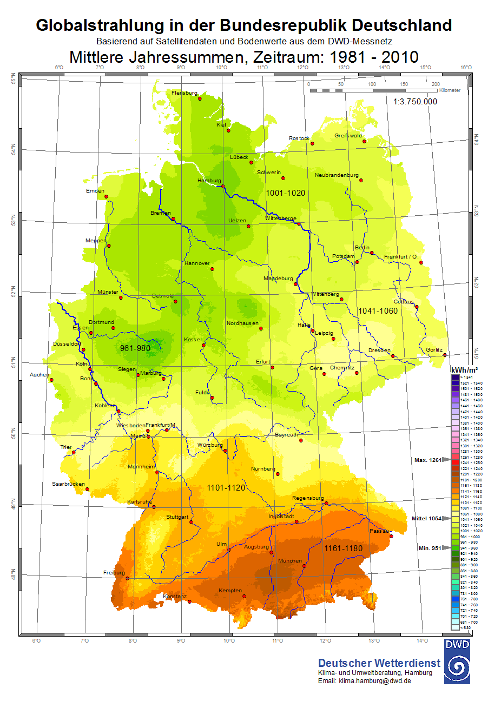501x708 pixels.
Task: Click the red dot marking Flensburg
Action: click(200, 98)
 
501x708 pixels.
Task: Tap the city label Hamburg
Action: click(209, 181)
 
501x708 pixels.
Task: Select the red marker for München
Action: click(305, 566)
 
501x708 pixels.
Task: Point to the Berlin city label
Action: click(362, 248)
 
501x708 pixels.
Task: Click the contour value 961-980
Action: click(135, 348)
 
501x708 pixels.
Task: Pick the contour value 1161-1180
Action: click(344, 548)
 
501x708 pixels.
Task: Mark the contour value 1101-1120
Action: click(226, 488)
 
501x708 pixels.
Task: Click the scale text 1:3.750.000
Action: click(415, 102)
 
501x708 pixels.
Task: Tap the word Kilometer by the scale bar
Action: click(450, 90)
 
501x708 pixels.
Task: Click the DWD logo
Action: click(457, 661)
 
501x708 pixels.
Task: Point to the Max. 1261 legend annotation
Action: click(427, 460)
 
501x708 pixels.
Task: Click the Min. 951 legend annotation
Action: click(430, 548)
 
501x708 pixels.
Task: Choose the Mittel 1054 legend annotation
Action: click(426, 518)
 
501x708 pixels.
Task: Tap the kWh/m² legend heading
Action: click(464, 369)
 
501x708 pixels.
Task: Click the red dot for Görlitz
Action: click(445, 355)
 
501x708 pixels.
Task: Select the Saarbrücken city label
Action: click(68, 484)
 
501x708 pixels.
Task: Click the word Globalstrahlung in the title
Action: click(100, 25)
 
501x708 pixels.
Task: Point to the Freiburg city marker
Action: click(128, 578)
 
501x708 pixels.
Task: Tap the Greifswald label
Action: click(348, 136)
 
